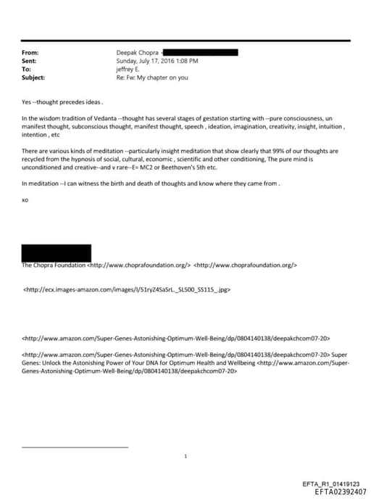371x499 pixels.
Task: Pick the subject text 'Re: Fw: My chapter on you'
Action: click(x=151, y=77)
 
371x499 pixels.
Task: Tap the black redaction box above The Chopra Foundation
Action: click(x=57, y=252)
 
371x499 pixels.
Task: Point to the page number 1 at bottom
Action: click(x=186, y=456)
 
